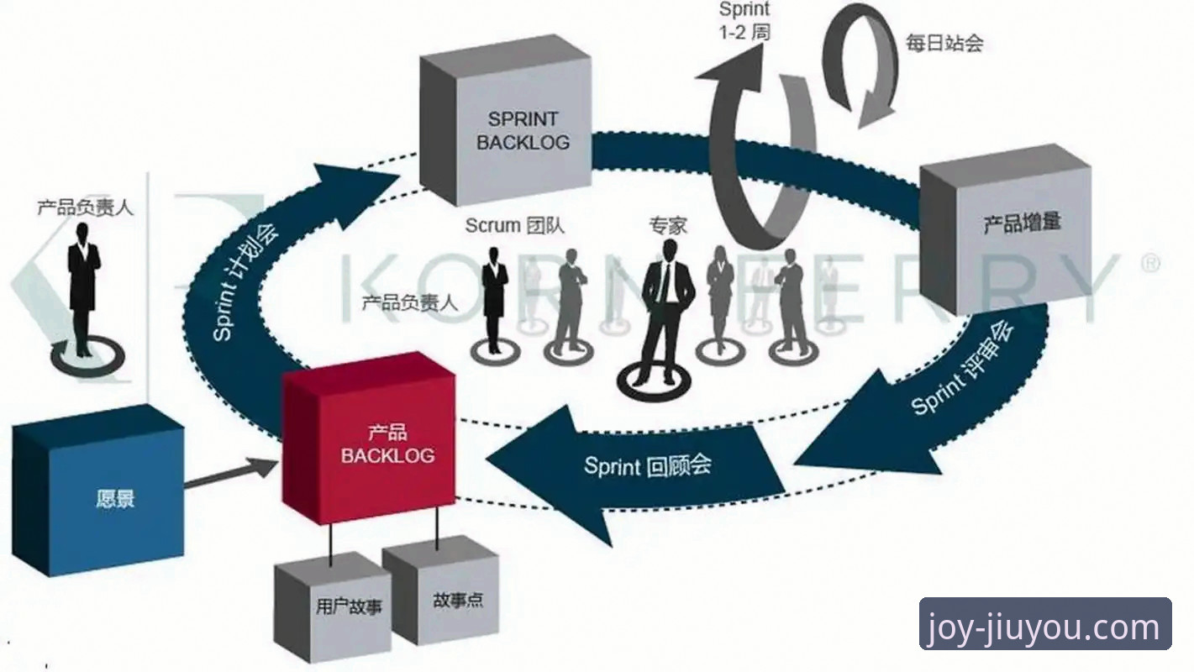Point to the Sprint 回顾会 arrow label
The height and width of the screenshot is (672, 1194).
(x=647, y=465)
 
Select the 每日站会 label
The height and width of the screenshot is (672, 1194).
(x=944, y=43)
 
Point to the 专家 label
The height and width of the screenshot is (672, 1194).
(x=668, y=225)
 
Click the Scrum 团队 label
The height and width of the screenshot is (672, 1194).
(x=514, y=225)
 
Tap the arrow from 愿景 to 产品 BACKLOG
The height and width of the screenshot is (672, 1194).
(x=231, y=473)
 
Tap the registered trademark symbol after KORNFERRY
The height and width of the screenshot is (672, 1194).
(x=1150, y=264)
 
